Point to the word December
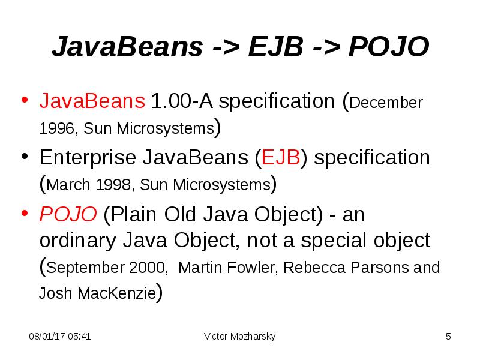(386, 103)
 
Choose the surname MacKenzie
(125, 295)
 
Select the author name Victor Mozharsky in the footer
(240, 337)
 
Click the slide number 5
(448, 337)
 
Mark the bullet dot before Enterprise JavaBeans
(25, 157)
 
